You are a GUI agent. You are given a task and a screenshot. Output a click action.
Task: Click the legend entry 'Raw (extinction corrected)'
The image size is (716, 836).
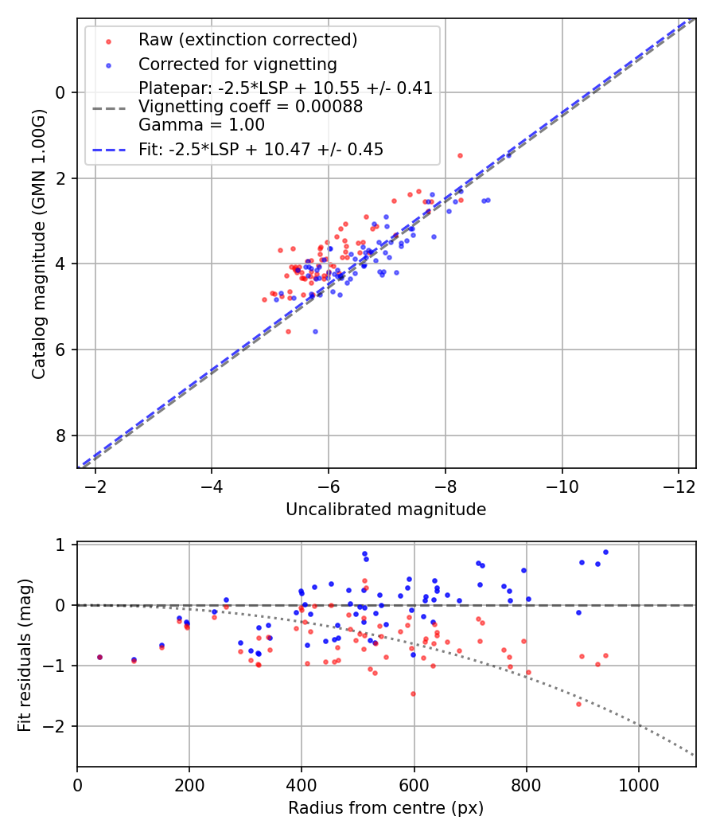point(247,40)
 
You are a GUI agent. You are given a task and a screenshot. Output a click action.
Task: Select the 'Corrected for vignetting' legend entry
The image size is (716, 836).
point(237,64)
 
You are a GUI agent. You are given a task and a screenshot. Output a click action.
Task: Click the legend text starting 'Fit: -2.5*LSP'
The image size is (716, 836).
point(261,149)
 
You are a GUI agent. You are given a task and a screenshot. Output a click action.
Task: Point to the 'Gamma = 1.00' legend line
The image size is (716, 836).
point(201,125)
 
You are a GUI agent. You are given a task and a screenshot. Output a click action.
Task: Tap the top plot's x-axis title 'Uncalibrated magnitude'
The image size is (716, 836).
point(386,510)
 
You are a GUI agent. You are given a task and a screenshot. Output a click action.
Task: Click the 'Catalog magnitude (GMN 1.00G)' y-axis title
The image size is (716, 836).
point(39,243)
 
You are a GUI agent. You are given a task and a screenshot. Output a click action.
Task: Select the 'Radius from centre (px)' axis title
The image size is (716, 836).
point(386,808)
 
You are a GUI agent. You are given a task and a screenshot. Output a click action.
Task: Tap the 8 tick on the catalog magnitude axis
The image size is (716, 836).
point(60,436)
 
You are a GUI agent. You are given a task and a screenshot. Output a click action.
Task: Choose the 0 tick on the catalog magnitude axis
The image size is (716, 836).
point(60,92)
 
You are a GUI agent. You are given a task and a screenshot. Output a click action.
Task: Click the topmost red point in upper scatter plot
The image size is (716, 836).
point(460,155)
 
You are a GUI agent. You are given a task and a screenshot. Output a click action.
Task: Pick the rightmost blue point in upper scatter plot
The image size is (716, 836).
point(488,200)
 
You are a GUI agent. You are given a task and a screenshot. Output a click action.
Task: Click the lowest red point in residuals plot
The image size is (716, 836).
point(578,704)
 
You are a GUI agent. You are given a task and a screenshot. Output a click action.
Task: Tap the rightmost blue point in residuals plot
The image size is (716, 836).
point(605,552)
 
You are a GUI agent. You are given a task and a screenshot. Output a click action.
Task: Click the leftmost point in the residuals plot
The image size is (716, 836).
point(99,657)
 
